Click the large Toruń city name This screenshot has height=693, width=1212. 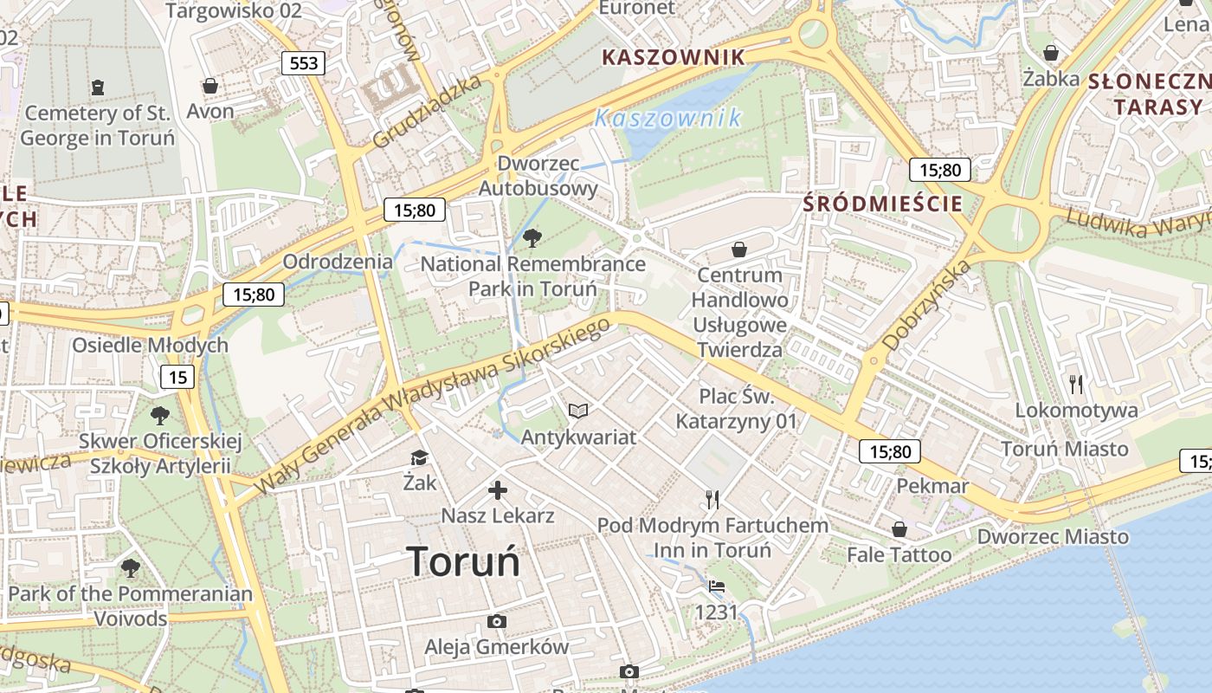pos(463,561)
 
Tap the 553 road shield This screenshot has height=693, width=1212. pos(304,62)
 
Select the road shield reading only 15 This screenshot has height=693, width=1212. pos(177,377)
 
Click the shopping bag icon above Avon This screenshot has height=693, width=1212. pos(210,86)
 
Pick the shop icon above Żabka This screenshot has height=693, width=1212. pos(1051,53)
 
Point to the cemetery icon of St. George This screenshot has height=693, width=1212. pos(97,87)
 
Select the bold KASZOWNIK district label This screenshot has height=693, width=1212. pos(673,58)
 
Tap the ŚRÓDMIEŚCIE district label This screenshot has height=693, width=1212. pos(882,204)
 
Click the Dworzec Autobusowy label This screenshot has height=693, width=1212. pos(538,176)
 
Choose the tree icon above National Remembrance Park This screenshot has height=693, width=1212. pos(532,237)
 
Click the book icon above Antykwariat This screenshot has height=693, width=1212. pos(577,411)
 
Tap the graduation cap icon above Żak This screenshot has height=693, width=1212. pos(420,457)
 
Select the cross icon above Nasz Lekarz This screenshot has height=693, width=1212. pos(498,490)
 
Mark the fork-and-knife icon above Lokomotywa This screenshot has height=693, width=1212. pos(1076,384)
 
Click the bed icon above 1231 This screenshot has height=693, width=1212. pos(717,586)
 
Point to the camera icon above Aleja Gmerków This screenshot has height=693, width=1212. pos(496,621)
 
